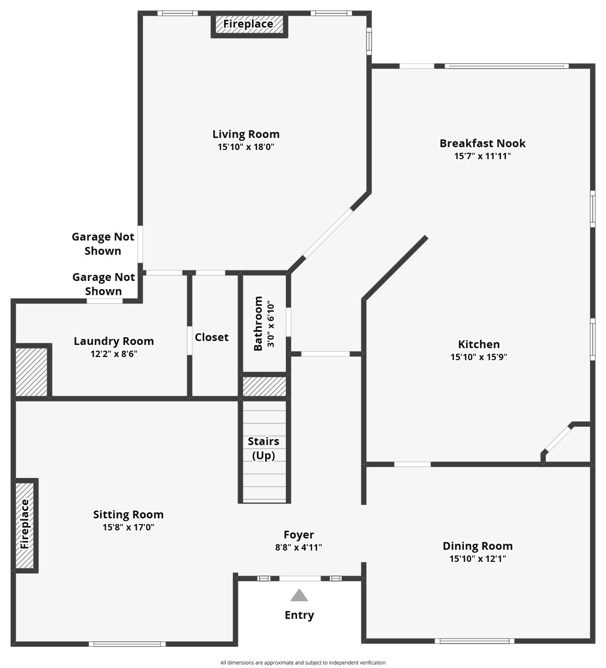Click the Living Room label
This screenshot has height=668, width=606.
click(246, 134)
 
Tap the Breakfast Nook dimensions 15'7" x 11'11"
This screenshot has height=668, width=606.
click(482, 156)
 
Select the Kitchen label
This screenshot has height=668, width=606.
click(479, 344)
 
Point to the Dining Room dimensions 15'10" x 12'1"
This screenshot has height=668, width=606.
click(478, 559)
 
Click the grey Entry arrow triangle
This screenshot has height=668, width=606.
click(299, 596)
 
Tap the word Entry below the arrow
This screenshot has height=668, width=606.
click(299, 615)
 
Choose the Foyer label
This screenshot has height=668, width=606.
click(298, 535)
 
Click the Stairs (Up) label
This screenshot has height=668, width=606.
click(264, 448)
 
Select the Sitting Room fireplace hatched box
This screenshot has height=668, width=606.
click(25, 525)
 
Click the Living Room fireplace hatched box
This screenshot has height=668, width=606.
click(249, 24)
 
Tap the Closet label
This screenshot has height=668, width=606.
click(211, 337)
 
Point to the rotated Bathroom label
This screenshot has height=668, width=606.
click(258, 324)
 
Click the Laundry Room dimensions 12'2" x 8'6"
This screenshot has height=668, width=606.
click(114, 354)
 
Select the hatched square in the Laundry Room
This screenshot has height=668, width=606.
click(31, 371)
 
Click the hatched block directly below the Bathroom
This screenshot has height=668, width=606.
click(264, 386)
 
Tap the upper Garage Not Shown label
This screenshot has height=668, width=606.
click(103, 244)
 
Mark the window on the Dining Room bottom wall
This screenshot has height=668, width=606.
click(474, 641)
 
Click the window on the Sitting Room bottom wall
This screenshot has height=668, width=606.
click(127, 644)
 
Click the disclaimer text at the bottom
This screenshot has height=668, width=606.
click(303, 663)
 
